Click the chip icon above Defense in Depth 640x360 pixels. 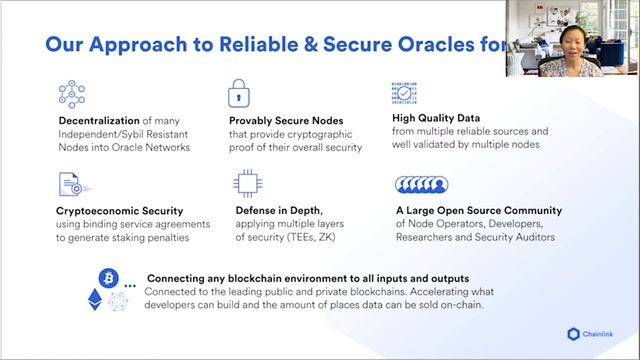pyautogui.click(x=245, y=181)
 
